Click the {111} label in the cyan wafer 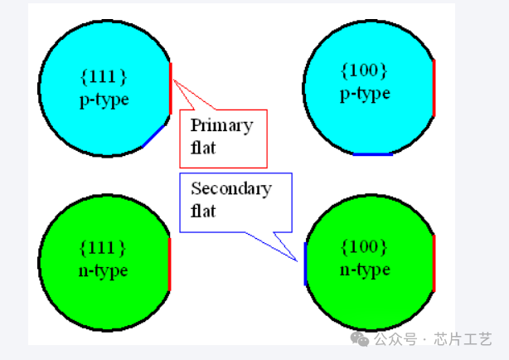tap(104, 77)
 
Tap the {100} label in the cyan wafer tap(365, 71)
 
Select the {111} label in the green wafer tap(104, 247)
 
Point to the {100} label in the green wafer tap(365, 246)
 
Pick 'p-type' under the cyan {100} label tap(365, 93)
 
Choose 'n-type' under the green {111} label tap(104, 270)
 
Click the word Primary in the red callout tap(221, 126)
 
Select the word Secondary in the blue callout tap(230, 188)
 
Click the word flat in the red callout tap(203, 148)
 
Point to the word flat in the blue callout tap(203, 211)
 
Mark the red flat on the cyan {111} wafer tap(171, 86)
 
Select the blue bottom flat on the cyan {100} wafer tap(372, 154)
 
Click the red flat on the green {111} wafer tap(170, 264)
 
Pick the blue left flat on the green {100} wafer tap(305, 264)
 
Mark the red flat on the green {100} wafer tap(434, 263)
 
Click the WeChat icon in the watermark tap(359, 338)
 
